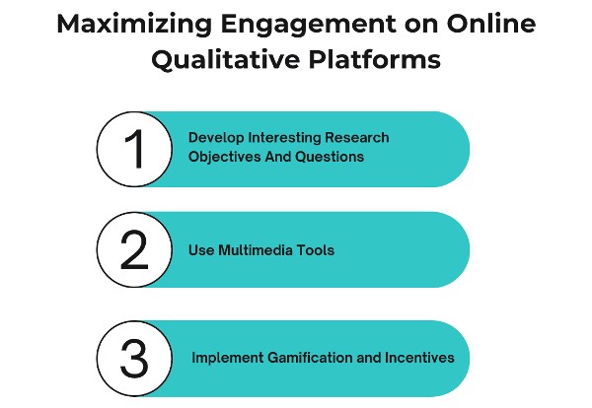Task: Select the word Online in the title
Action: pos(473,23)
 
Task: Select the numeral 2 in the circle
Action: pos(134,250)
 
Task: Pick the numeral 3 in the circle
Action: pos(134,357)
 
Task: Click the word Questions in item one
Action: pos(331,157)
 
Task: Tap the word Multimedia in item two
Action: pos(256,250)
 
